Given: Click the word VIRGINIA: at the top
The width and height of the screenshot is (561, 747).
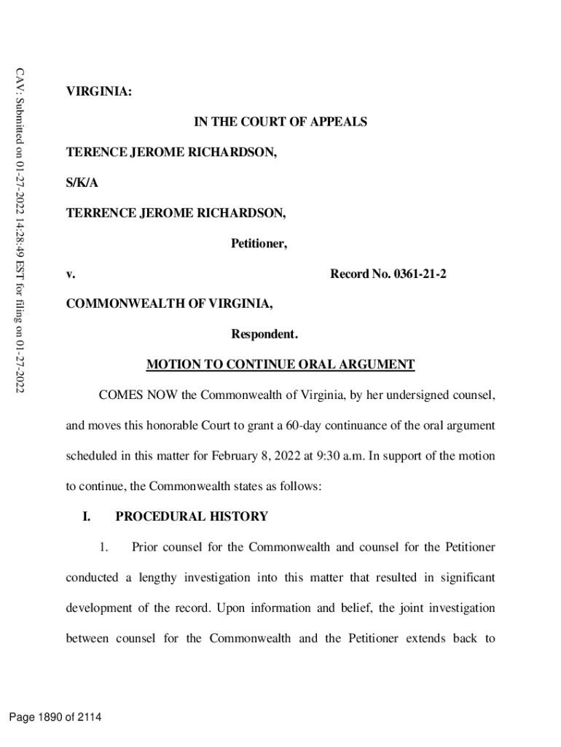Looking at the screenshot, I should point(99,92).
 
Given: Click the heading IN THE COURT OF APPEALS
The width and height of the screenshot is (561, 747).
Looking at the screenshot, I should point(280,123).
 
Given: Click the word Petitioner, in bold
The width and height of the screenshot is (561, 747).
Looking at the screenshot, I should point(259,244).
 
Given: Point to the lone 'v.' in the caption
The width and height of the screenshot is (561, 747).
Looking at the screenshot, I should point(71,274).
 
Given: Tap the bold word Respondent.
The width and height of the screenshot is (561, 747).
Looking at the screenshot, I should point(264,335).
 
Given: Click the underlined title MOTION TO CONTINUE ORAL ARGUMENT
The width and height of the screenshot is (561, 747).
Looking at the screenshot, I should point(280,365).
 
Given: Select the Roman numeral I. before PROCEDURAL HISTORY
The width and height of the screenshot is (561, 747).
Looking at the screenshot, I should point(86,517).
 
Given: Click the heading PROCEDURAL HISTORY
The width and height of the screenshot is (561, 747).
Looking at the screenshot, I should point(192,517).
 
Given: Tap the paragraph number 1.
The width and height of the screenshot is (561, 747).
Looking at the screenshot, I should point(105,548).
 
